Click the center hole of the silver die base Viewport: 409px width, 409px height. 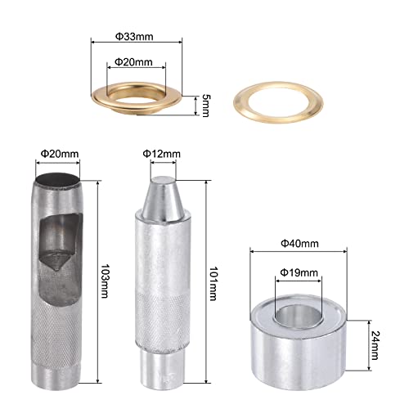point(296,316)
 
